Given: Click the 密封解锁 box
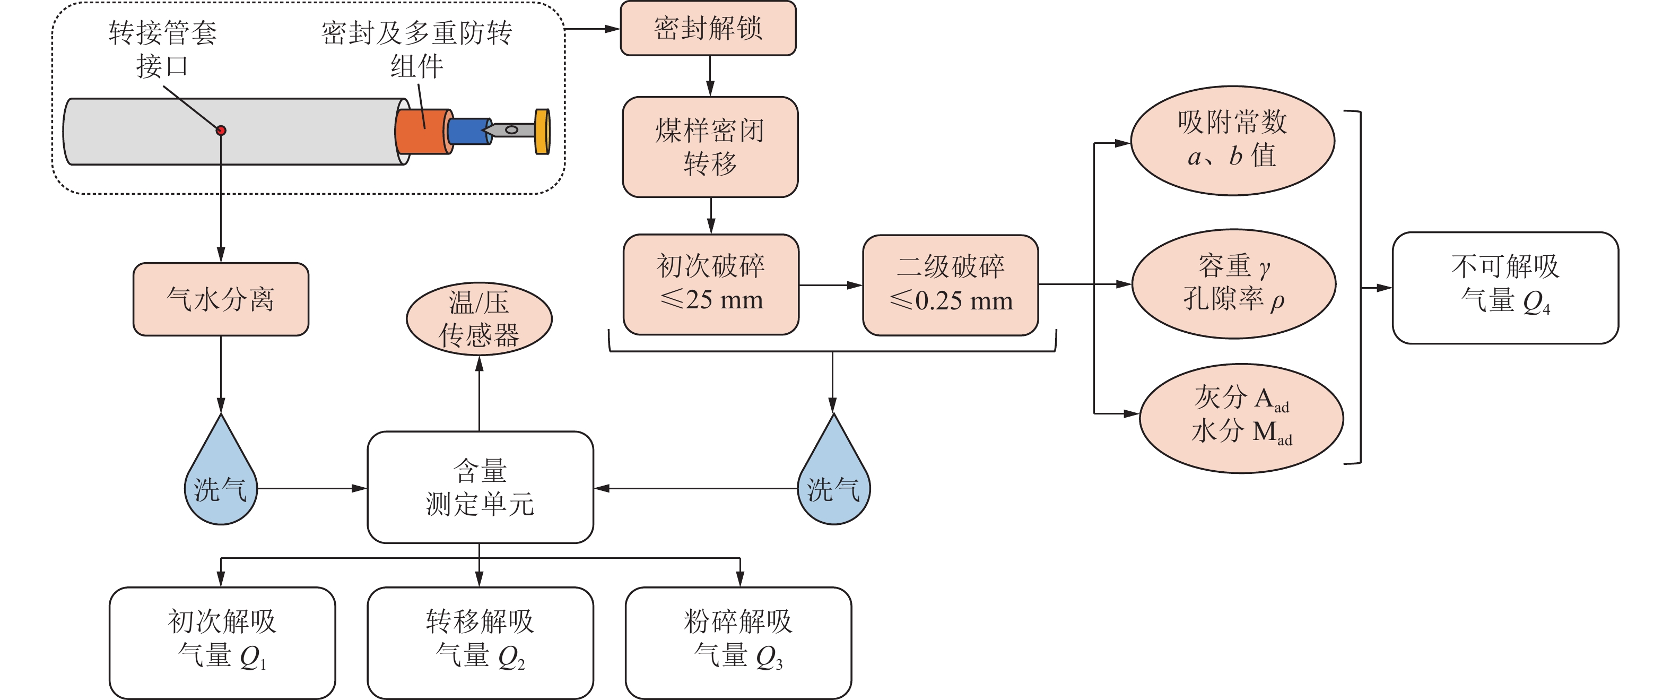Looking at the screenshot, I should tap(708, 29).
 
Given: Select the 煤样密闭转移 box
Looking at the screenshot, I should tap(710, 147).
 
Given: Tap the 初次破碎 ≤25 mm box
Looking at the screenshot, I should tap(710, 284).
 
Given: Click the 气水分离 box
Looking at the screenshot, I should tap(221, 299).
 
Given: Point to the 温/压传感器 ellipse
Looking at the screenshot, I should tap(478, 318).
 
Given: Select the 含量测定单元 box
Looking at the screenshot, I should tap(480, 487).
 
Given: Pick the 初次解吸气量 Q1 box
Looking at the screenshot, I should tap(222, 642).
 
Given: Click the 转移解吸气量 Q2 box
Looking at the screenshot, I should tap(480, 642).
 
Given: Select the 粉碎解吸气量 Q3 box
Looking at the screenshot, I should tap(738, 642).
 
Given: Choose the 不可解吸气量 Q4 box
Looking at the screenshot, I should tap(1505, 288).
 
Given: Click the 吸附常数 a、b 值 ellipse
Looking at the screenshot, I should tap(1232, 140).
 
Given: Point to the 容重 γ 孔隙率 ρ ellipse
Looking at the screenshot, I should tap(1233, 283).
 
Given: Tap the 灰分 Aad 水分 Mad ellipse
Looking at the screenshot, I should tap(1241, 418).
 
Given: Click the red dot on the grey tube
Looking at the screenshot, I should tap(221, 131).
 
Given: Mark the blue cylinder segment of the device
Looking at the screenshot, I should tap(467, 132).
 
